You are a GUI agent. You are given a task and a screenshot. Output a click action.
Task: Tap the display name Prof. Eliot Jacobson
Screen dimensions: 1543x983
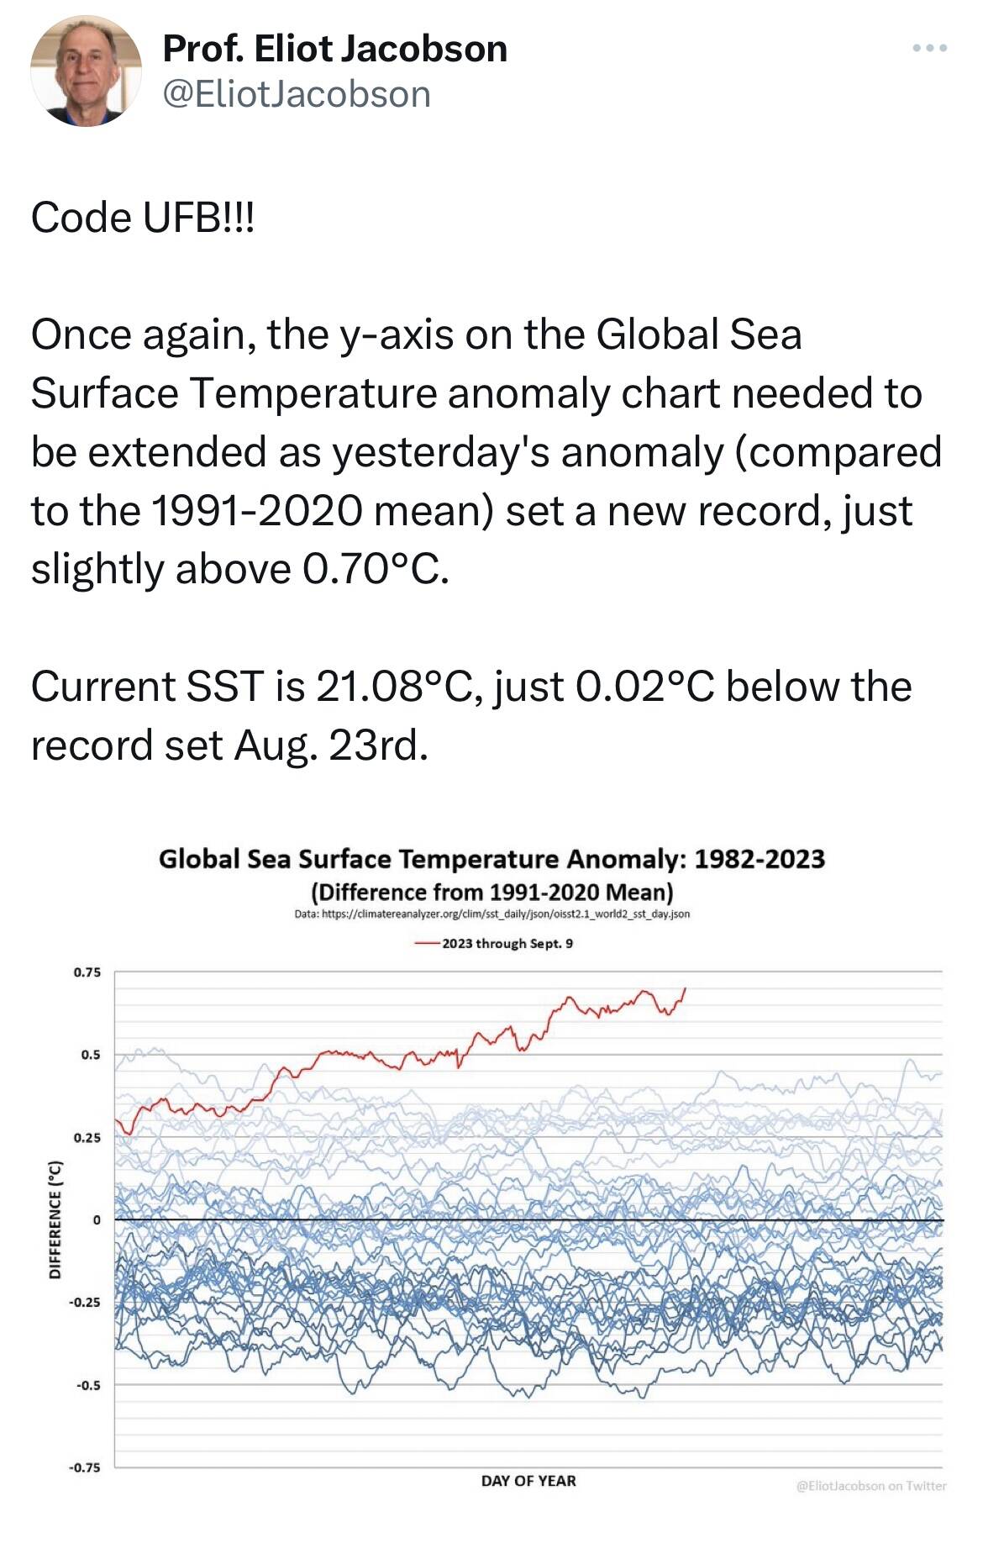point(334,49)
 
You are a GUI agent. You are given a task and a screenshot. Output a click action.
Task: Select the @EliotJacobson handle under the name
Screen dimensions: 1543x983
point(296,94)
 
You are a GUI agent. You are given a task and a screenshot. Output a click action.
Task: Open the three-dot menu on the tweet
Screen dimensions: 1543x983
point(929,49)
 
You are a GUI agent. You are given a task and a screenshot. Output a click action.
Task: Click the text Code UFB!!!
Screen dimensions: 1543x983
point(142,219)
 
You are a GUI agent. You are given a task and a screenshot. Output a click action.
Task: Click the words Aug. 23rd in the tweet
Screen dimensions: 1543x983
point(331,745)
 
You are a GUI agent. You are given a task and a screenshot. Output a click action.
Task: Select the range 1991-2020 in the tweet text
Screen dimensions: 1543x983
point(256,510)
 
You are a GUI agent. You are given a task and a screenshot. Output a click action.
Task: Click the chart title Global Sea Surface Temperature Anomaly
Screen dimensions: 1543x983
point(491,859)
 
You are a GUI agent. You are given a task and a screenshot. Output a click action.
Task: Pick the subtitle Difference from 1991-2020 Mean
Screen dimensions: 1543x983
point(491,892)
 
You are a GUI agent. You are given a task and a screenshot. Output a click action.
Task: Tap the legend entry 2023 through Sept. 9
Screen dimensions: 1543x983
point(507,944)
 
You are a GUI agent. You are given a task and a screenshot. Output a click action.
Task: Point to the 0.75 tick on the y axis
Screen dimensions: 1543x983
point(87,972)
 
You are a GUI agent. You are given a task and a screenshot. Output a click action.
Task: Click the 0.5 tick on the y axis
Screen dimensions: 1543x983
point(91,1055)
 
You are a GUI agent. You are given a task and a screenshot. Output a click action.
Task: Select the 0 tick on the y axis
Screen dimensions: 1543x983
point(97,1219)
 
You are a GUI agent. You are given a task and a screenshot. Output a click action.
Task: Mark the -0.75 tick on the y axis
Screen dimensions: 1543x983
point(85,1467)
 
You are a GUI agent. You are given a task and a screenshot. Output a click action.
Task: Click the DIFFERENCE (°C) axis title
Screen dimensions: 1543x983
point(55,1219)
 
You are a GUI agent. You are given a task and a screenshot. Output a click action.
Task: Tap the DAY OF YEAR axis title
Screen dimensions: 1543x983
point(528,1481)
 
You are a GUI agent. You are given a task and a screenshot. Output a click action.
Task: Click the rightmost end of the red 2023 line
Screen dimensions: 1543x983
point(686,988)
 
